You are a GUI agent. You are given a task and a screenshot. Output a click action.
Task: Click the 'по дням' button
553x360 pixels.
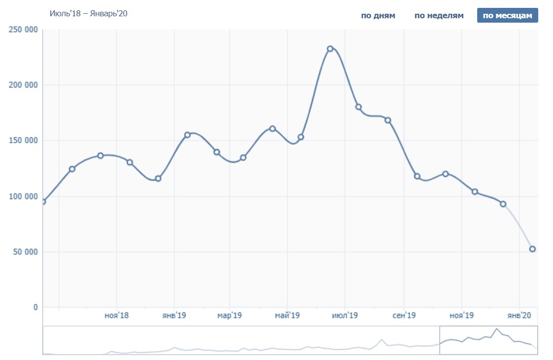(378, 15)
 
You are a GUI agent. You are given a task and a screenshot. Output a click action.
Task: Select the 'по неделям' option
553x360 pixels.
(439, 15)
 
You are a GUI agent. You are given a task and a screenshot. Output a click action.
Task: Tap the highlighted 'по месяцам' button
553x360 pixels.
(507, 15)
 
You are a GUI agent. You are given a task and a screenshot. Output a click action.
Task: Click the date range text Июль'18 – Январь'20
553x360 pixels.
(89, 13)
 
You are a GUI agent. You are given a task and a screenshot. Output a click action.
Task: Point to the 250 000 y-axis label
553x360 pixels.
(24, 30)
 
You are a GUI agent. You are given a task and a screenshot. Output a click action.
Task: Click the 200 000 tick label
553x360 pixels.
(24, 85)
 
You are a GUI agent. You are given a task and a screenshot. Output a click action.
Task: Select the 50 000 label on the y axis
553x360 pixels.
(25, 252)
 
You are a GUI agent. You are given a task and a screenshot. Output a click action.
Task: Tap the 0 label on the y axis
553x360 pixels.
(35, 308)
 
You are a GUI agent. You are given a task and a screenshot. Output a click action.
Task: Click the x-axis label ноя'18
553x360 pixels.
(117, 315)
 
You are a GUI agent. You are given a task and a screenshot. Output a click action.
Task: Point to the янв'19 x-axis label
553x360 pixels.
(174, 315)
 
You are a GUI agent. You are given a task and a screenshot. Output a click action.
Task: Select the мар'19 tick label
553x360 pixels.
(230, 315)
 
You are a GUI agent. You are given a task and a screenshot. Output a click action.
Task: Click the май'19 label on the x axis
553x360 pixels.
(287, 315)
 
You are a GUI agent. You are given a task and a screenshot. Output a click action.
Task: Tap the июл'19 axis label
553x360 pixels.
(345, 315)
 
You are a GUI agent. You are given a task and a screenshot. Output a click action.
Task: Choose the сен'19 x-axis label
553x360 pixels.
(404, 315)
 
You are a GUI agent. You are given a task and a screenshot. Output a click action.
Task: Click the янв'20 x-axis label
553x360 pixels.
(519, 315)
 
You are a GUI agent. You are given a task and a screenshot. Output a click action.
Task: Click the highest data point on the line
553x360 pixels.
(330, 49)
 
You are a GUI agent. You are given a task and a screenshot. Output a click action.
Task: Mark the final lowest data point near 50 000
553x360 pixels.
(532, 249)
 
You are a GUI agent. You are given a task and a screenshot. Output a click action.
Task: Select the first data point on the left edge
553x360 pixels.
(43, 201)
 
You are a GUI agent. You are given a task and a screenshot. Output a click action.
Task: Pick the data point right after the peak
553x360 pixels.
(358, 107)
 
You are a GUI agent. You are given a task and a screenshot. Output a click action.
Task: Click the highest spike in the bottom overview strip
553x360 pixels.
(497, 329)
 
